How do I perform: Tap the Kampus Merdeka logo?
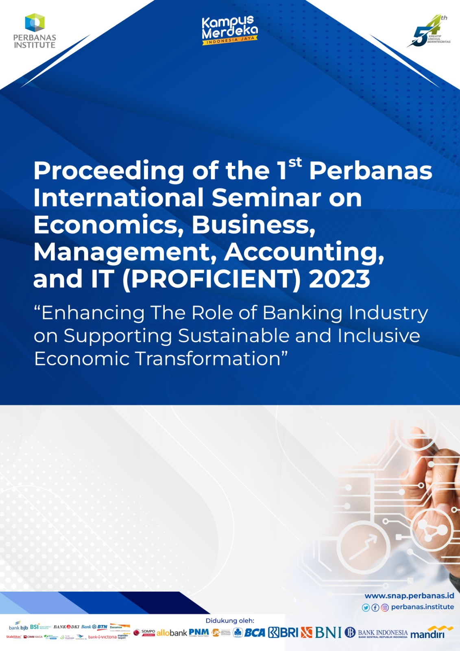(230, 31)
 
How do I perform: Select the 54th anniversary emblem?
(429, 32)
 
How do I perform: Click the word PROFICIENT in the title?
(211, 279)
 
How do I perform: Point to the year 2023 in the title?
(339, 279)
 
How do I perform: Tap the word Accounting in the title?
(304, 252)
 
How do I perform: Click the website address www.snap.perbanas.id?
(409, 596)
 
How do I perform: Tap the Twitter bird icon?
(366, 607)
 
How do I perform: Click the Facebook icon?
(375, 607)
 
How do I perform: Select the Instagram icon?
(385, 607)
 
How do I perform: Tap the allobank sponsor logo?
(172, 633)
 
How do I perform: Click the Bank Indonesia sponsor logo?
(376, 633)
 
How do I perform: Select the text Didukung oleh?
(230, 620)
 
